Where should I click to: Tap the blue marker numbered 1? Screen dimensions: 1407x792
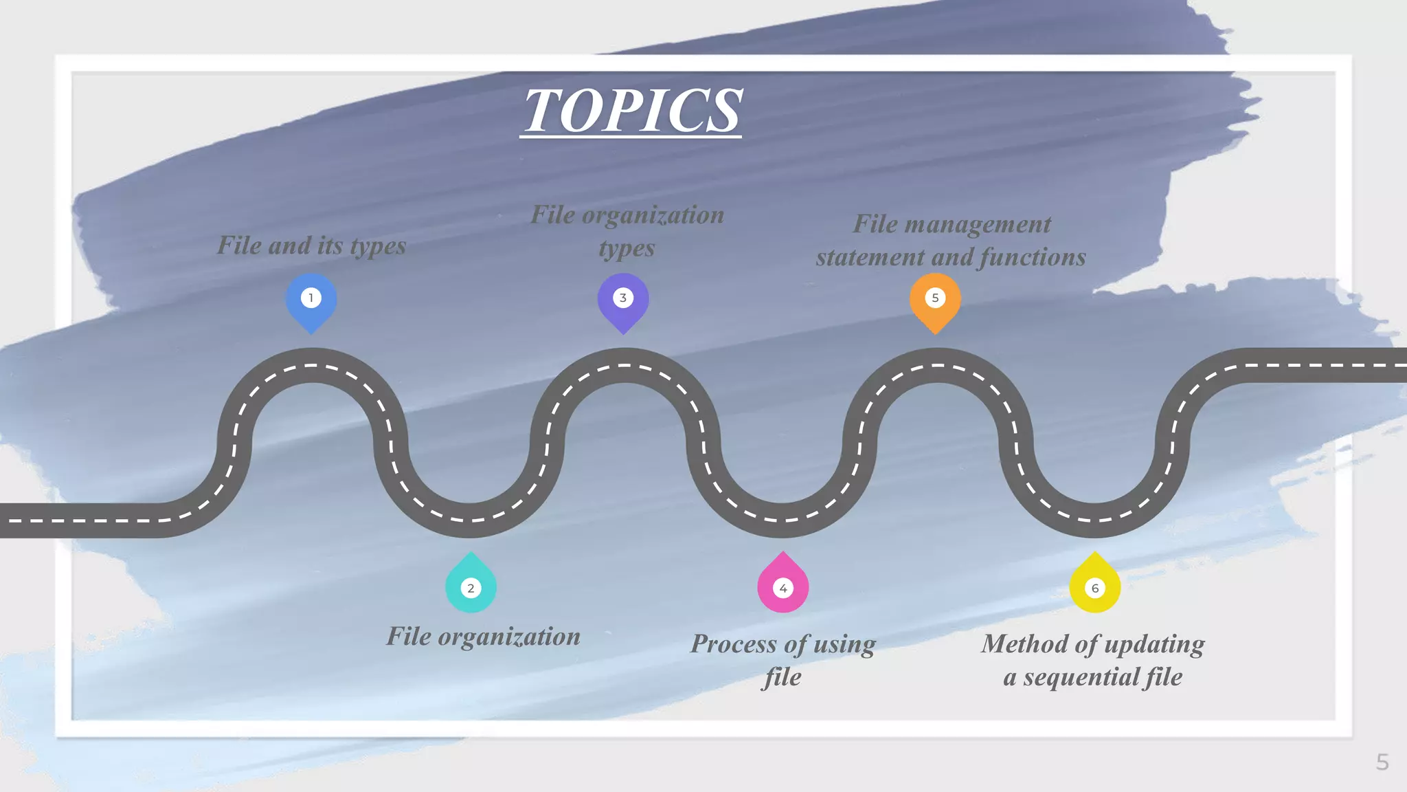click(x=311, y=300)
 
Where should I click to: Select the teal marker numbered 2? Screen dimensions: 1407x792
click(x=471, y=586)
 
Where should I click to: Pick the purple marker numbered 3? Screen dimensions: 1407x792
click(x=623, y=300)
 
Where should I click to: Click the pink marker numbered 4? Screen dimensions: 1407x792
click(x=783, y=586)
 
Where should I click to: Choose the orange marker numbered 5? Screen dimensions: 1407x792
click(x=935, y=300)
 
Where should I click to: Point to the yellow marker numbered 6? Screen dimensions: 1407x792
click(x=1095, y=586)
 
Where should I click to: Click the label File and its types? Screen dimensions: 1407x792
click(x=311, y=245)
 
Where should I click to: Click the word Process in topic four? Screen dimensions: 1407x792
click(x=734, y=644)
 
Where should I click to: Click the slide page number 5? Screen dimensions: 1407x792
click(x=1382, y=762)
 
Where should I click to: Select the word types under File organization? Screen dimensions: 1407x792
click(x=627, y=249)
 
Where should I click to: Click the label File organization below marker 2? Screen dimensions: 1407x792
click(x=483, y=637)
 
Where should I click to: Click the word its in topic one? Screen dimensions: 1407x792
click(x=330, y=245)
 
